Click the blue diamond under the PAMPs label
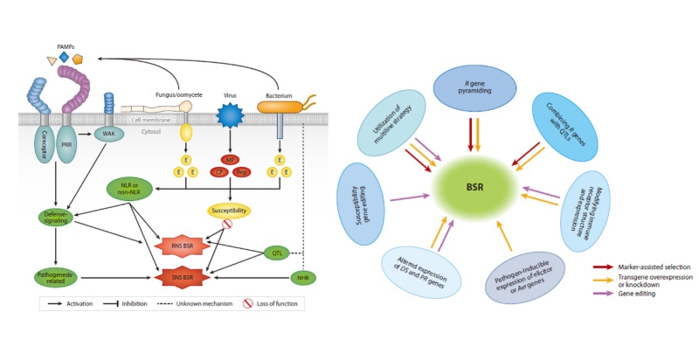pos(64,57)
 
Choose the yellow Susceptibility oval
pos(229,211)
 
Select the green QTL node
pos(279,253)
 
